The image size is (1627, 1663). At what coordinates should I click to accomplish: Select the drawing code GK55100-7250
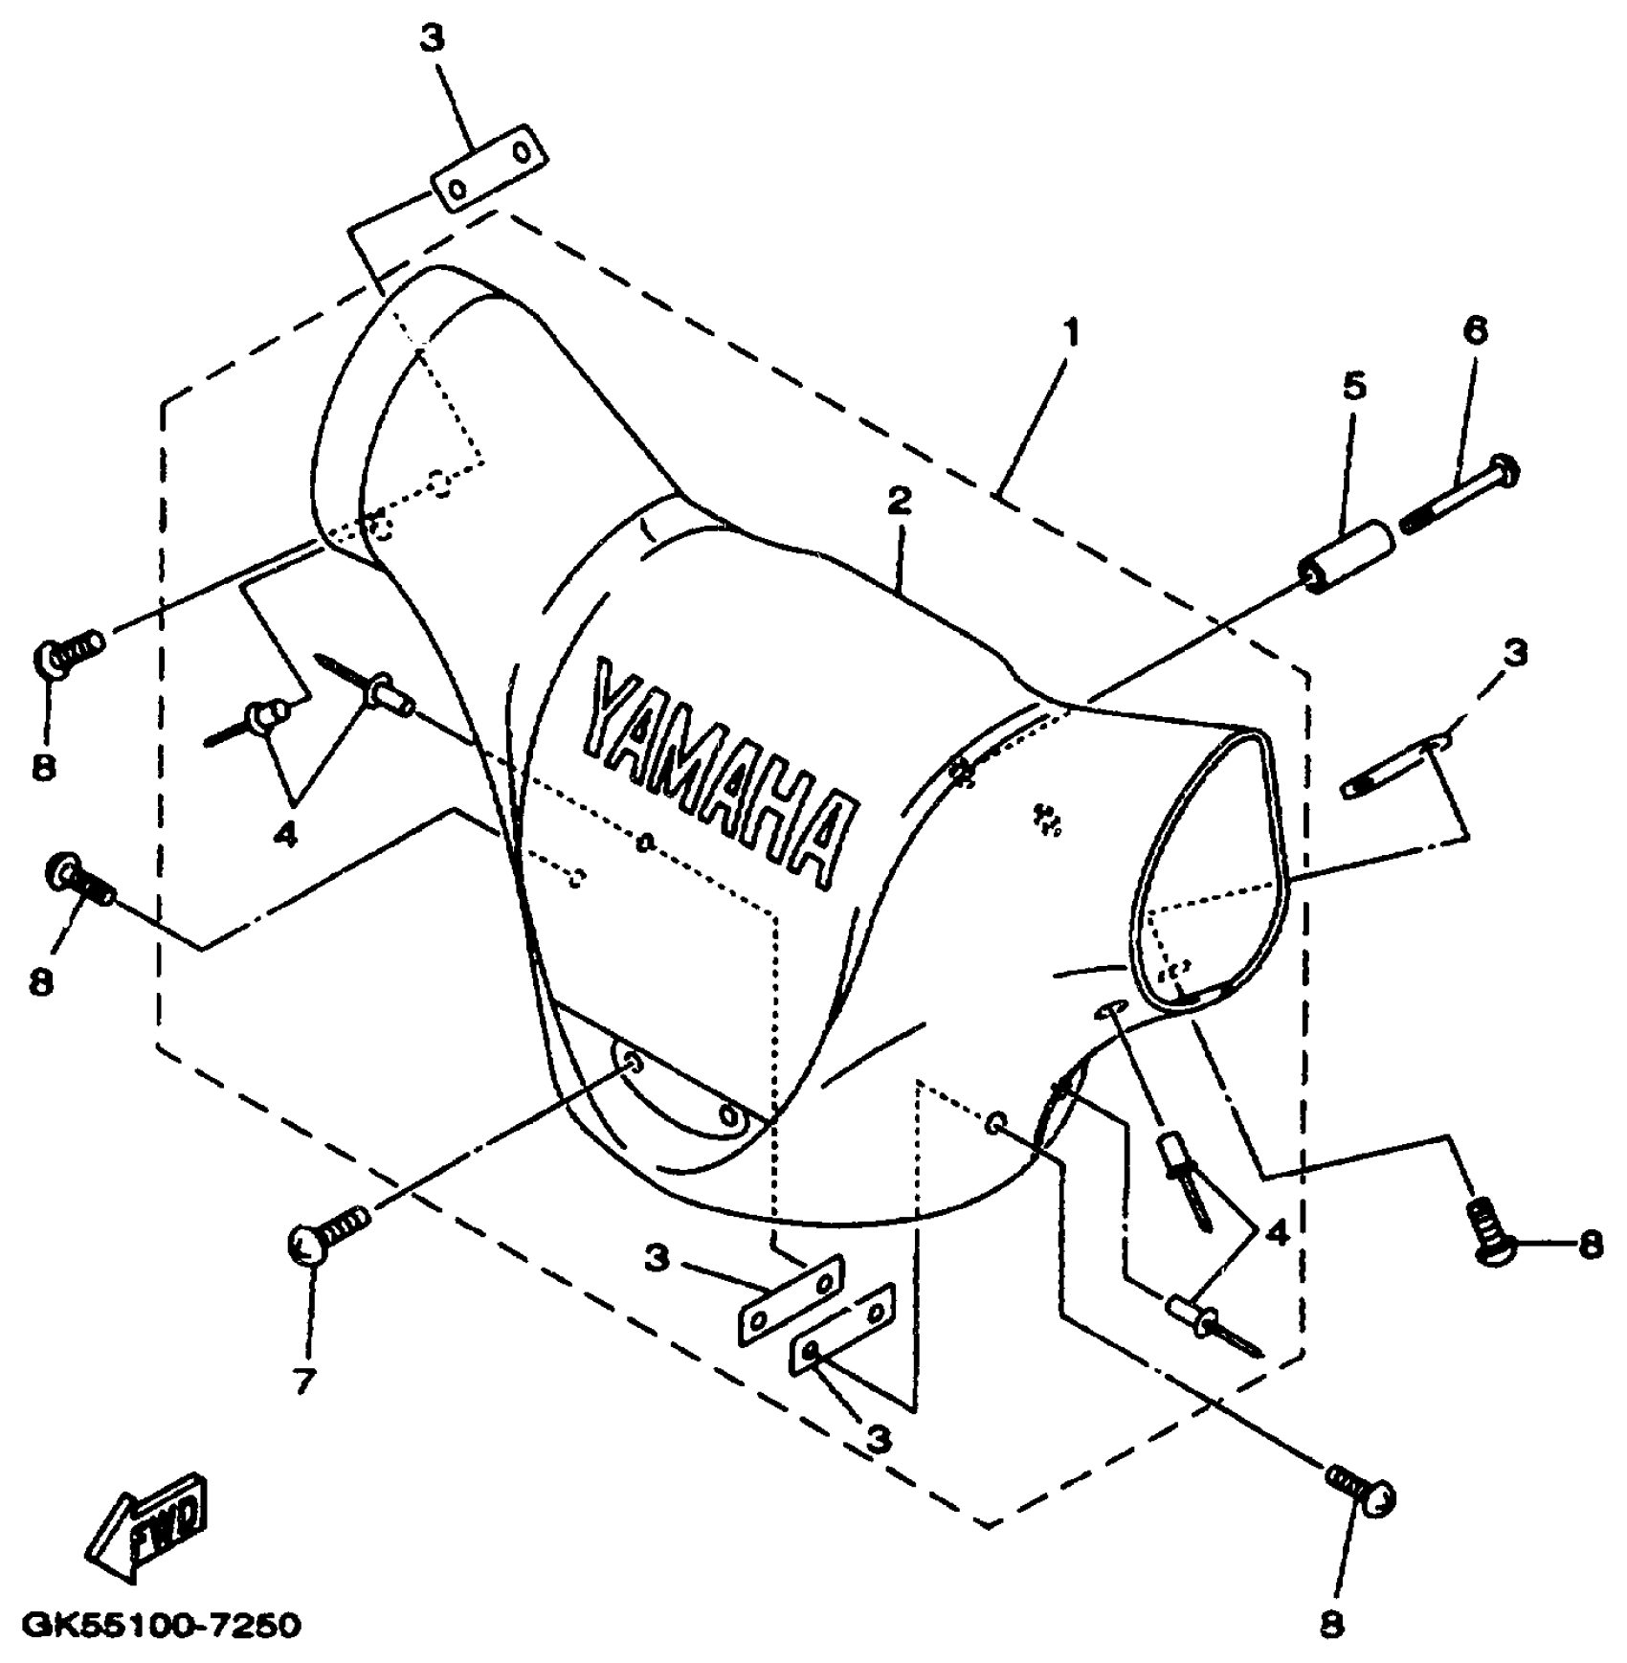pos(161,1626)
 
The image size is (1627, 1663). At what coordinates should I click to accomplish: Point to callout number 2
pos(899,501)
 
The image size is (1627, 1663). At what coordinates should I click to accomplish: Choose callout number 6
pos(1475,331)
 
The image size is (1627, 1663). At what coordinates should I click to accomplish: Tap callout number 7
pos(304,1382)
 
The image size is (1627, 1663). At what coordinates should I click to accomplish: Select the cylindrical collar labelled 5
pos(1345,556)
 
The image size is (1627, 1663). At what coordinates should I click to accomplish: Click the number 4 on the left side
pos(284,835)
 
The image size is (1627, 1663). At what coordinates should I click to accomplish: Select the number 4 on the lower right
pos(1276,1233)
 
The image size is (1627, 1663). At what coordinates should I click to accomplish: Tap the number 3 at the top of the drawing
pos(432,40)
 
